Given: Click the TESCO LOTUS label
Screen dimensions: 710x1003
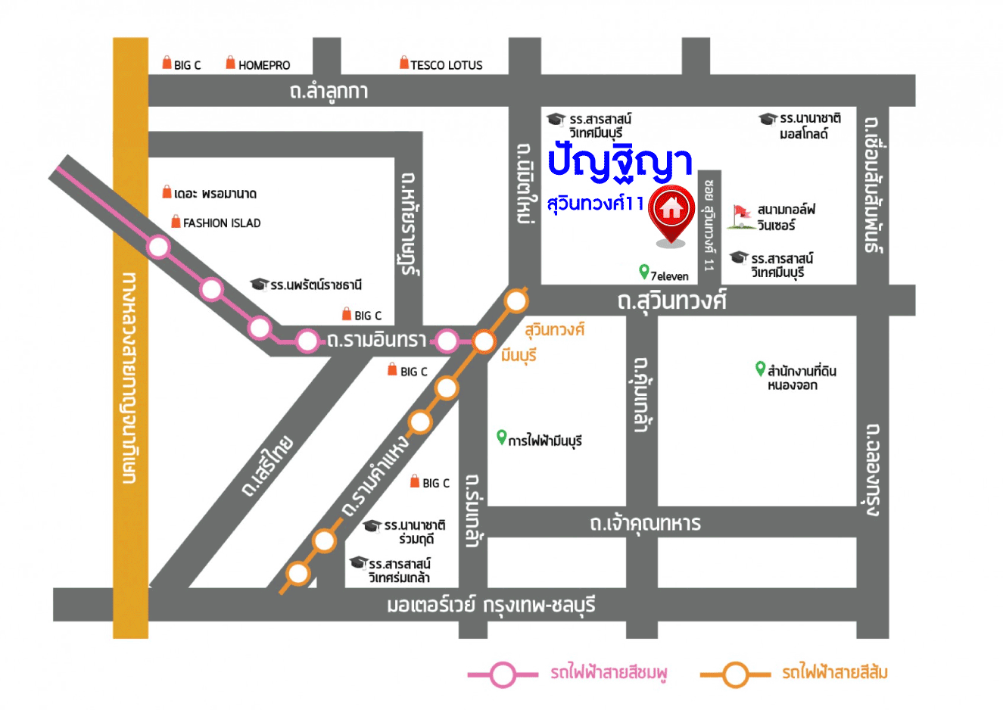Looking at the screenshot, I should (446, 65).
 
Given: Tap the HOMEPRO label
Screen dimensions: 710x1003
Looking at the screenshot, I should (263, 65).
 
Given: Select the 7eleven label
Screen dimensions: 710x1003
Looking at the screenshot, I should (669, 276).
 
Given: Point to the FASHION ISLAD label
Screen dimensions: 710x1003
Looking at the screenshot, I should (221, 223).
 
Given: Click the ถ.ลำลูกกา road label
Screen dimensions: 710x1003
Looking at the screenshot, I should (329, 92).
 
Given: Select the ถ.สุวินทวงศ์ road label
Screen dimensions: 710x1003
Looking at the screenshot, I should (671, 301).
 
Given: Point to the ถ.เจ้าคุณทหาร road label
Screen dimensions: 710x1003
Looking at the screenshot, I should (645, 523).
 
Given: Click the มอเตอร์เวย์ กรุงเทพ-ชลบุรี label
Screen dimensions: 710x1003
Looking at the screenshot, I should (491, 606).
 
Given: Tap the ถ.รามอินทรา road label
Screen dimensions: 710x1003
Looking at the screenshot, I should (377, 341).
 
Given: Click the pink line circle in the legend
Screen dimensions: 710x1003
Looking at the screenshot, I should (503, 674).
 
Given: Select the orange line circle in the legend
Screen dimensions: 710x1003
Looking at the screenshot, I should (734, 674).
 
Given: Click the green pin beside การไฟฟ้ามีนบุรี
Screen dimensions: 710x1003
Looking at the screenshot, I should (500, 437).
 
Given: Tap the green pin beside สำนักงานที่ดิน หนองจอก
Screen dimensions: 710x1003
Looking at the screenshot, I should (760, 369).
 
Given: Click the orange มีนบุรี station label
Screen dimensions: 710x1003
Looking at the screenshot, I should (519, 355).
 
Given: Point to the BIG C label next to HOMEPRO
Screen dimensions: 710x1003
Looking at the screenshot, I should (187, 65).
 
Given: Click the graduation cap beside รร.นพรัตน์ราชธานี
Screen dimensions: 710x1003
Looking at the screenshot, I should (260, 284).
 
